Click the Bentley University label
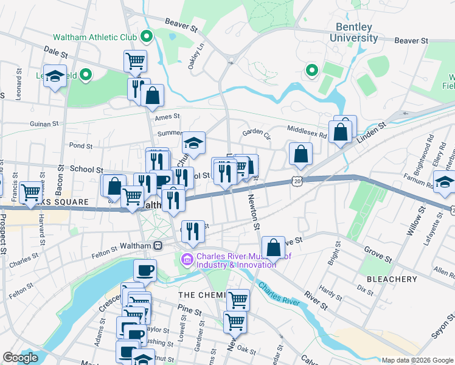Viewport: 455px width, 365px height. point(353,33)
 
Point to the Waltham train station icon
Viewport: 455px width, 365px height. point(158,245)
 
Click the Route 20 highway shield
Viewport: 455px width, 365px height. point(296,181)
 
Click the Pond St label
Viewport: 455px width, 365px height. point(80,146)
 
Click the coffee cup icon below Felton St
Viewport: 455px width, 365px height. point(145,269)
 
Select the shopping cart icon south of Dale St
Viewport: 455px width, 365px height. point(135,60)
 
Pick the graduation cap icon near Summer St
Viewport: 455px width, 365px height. point(193,143)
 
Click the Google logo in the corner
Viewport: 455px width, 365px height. point(20,358)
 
